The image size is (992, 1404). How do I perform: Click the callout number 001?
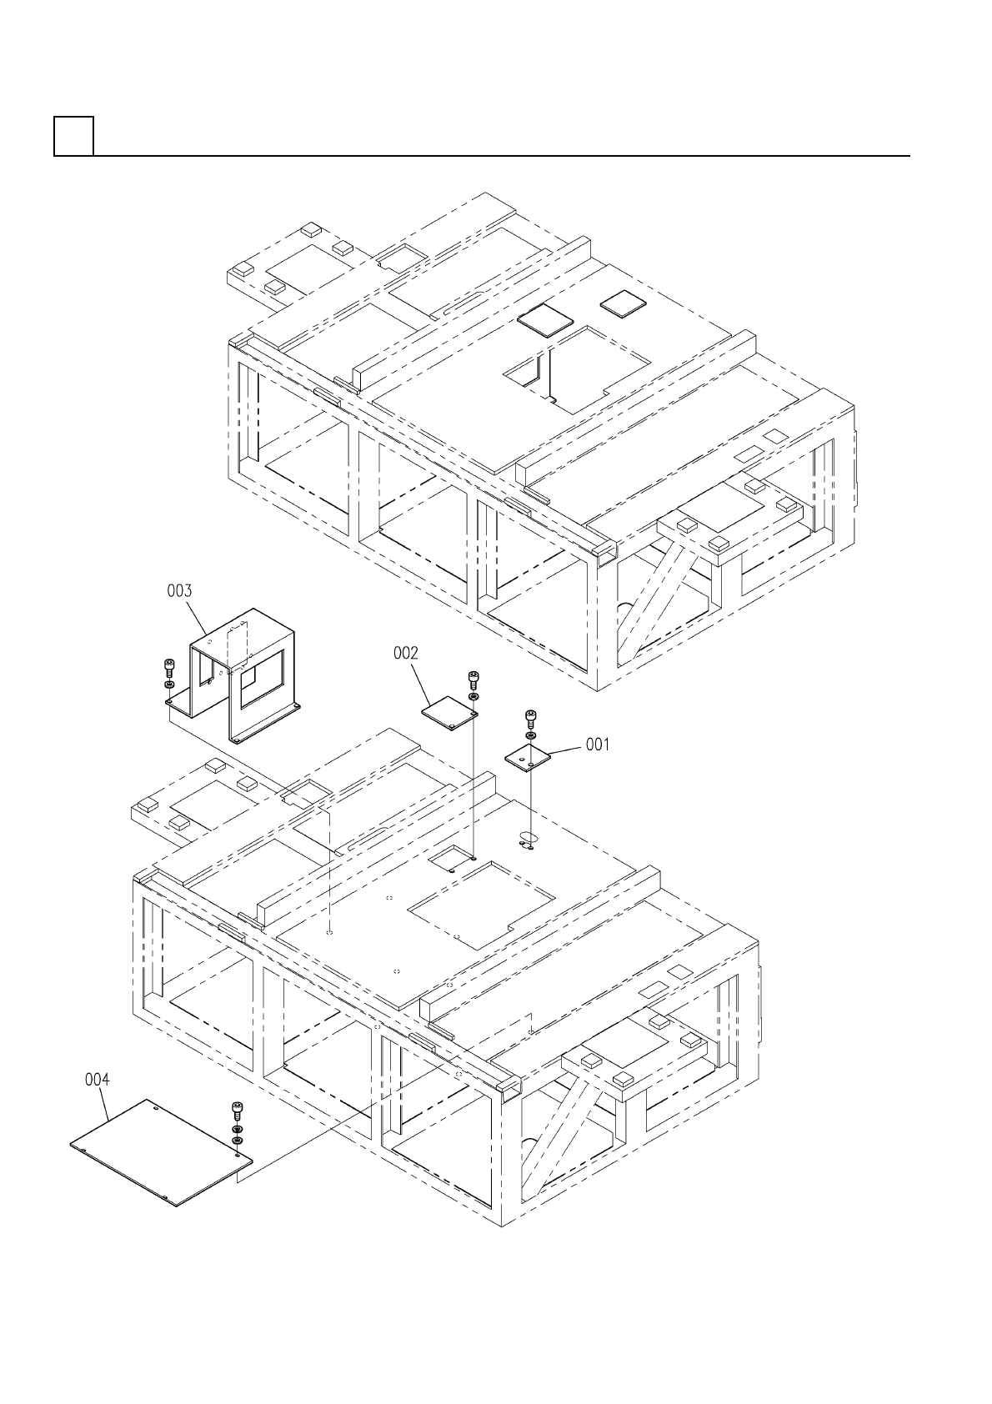597,744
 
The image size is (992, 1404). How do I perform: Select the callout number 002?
406,654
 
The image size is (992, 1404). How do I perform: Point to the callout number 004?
98,1080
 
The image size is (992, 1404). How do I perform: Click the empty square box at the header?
73,136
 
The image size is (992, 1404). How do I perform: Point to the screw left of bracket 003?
168,668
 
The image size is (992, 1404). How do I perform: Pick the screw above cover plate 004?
237,1111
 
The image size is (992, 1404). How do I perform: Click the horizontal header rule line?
500,155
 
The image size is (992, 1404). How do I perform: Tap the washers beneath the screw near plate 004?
238,1135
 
